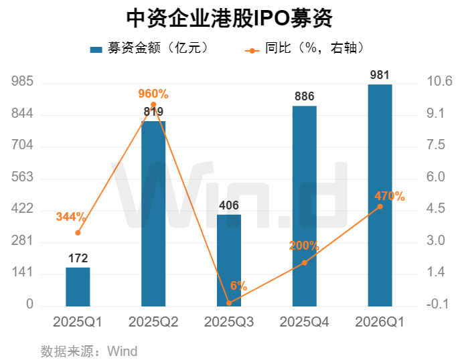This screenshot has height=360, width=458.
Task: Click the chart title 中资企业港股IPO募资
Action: coord(229,18)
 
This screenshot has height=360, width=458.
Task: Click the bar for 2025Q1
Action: coord(78,286)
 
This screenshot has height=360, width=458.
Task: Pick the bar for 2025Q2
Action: coord(153,213)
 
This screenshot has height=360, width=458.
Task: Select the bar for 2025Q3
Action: coord(229,260)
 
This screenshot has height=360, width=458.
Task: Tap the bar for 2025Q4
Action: coord(305,205)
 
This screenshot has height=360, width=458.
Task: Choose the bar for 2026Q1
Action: coord(380,195)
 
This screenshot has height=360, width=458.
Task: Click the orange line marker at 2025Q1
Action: coord(78,233)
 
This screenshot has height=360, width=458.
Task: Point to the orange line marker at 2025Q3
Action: coord(229,303)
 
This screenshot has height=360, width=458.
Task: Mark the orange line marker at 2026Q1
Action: coord(380,206)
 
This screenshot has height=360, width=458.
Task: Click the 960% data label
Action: coord(153,94)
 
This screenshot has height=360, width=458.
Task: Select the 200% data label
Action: coord(304,246)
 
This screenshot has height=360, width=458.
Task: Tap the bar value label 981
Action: coord(380,74)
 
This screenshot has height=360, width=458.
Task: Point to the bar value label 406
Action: coord(229,205)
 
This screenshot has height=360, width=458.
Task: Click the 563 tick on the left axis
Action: coord(23,177)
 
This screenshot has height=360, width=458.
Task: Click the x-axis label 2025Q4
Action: coord(305,322)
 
